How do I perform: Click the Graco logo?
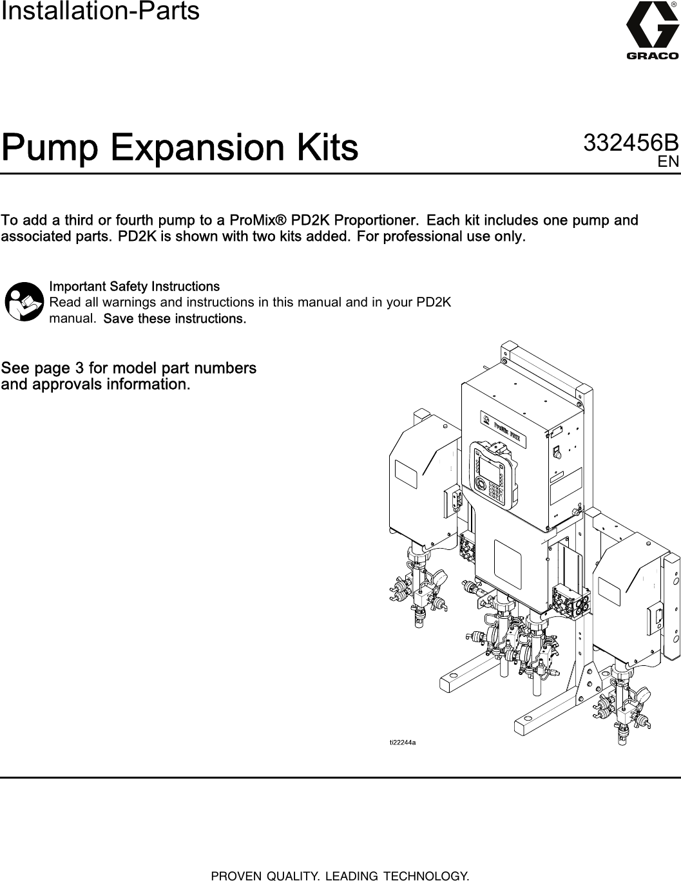pyautogui.click(x=652, y=32)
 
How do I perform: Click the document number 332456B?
pyautogui.click(x=630, y=143)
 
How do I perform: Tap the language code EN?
pyautogui.click(x=668, y=162)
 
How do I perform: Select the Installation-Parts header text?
pyautogui.click(x=101, y=12)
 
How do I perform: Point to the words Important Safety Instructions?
pyautogui.click(x=134, y=286)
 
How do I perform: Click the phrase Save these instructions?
pyautogui.click(x=175, y=319)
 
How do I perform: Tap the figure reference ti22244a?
pyautogui.click(x=403, y=743)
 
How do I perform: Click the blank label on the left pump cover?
pyautogui.click(x=407, y=477)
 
